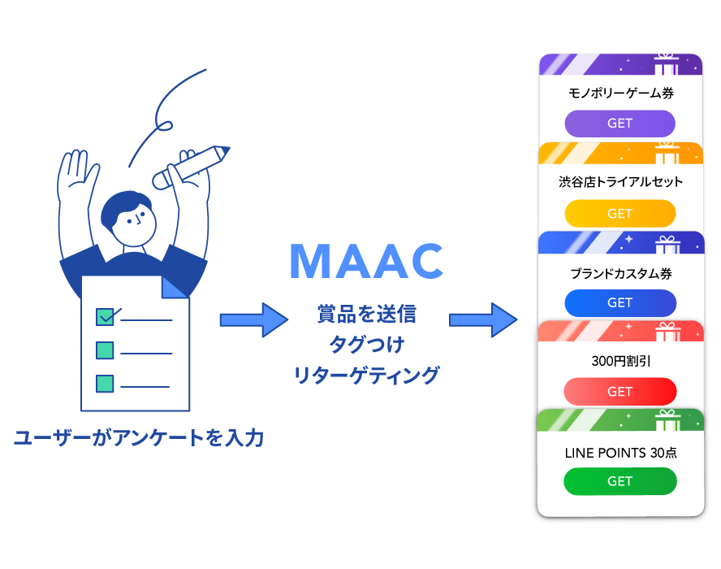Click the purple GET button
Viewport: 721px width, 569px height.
pyautogui.click(x=620, y=124)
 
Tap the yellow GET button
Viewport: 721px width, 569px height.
pyautogui.click(x=620, y=214)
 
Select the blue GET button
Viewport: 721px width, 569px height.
pyautogui.click(x=620, y=302)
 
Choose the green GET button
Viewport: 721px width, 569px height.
pyautogui.click(x=620, y=481)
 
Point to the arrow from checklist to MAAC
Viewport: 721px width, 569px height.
pyautogui.click(x=253, y=319)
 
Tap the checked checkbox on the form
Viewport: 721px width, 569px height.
pyautogui.click(x=106, y=316)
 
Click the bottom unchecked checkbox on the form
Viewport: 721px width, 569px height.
pyautogui.click(x=105, y=383)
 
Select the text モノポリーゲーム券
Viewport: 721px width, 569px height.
pyautogui.click(x=620, y=93)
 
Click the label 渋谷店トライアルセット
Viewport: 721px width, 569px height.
pyautogui.click(x=621, y=182)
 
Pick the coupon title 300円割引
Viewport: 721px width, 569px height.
pyautogui.click(x=621, y=361)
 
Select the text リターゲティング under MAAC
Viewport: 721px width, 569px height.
pyautogui.click(x=366, y=376)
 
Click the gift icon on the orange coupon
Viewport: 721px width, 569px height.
pyautogui.click(x=667, y=153)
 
